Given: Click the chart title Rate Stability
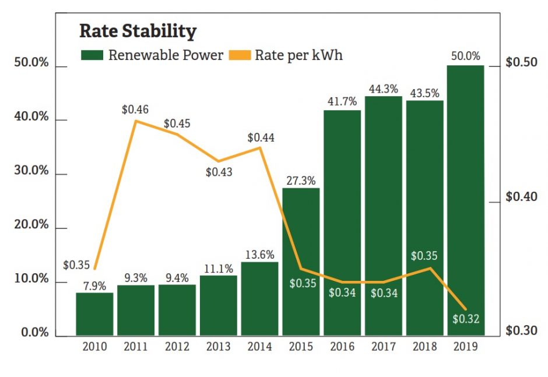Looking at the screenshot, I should pos(138,31).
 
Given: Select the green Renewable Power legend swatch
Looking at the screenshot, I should pos(92,55).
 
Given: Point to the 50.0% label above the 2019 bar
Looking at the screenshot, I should pos(465,57).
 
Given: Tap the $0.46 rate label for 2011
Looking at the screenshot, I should pos(135,109).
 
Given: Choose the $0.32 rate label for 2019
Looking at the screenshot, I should pos(466,319).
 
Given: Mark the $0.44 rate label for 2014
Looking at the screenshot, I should pos(261,138).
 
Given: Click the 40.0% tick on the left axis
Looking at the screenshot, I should pos(31,117).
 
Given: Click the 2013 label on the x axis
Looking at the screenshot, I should pos(218,347).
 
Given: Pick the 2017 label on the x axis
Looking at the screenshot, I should pos(384,347).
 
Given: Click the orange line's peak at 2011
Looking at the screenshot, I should pos(136,121).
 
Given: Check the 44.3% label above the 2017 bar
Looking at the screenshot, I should pos(384,89).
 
